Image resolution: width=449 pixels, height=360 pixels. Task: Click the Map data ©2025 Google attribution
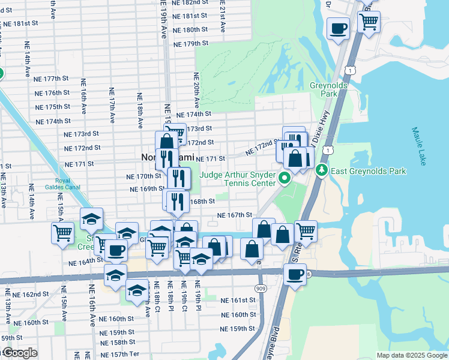click(411, 355)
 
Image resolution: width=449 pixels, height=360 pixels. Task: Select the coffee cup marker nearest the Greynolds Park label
click(338, 28)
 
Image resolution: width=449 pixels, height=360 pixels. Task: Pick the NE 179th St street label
click(190, 44)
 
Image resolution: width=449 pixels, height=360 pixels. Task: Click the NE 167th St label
click(234, 215)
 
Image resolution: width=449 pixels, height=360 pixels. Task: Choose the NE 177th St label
click(52, 79)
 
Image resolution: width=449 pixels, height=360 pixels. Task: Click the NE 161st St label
click(238, 300)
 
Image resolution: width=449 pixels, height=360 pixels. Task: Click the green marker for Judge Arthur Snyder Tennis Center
click(287, 178)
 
